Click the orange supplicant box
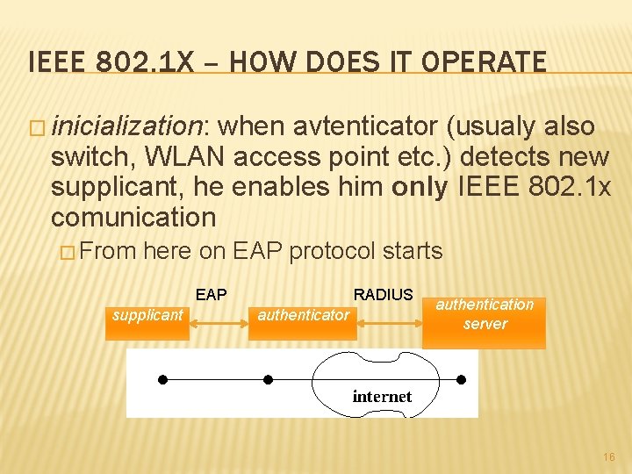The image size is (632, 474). click(x=147, y=314)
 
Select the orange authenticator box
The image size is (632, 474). click(x=304, y=314)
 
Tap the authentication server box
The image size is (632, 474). click(x=485, y=314)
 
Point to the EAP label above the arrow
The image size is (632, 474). click(x=211, y=295)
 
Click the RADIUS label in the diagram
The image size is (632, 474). click(x=383, y=295)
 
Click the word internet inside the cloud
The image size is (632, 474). click(x=382, y=396)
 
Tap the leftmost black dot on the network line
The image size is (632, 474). click(x=162, y=379)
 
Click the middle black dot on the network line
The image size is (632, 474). click(x=269, y=379)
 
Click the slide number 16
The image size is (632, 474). click(x=609, y=457)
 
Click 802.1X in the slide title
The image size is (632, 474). click(x=151, y=62)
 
